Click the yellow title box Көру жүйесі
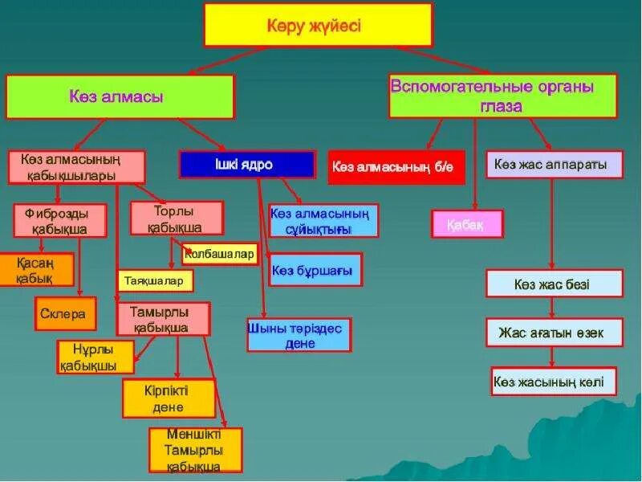[x=319, y=25]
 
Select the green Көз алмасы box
[x=120, y=97]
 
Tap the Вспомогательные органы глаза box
[x=502, y=95]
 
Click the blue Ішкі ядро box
[x=246, y=165]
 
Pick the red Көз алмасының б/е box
[x=396, y=167]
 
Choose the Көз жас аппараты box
[x=555, y=165]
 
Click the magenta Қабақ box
[x=467, y=224]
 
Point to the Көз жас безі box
[x=555, y=284]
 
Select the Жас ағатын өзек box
[x=555, y=332]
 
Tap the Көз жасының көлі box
[x=555, y=381]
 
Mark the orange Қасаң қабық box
[x=36, y=270]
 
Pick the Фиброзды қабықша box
[x=61, y=221]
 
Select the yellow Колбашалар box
[x=219, y=255]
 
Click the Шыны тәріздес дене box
[x=299, y=335]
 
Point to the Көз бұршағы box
[x=316, y=270]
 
